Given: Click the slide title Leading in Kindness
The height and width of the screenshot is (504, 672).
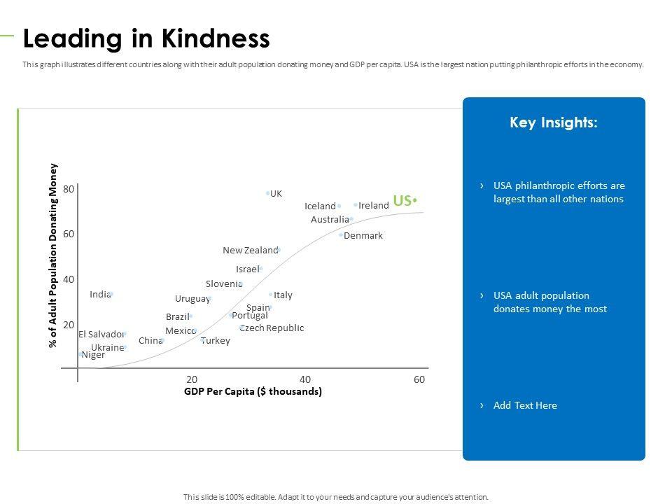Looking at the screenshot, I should tap(146, 38).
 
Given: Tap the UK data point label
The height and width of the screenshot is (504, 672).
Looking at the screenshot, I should tap(276, 193).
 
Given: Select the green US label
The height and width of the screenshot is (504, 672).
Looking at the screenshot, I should tap(402, 201).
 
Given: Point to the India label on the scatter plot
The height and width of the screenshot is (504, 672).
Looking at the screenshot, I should tap(100, 294).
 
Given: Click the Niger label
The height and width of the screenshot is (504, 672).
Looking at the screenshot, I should tap(93, 354).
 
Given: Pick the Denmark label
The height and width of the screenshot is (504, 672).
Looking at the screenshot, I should tap(363, 235).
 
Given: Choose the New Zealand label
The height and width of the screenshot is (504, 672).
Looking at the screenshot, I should tap(250, 250).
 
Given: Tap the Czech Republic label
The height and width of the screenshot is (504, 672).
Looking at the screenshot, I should tap(272, 328).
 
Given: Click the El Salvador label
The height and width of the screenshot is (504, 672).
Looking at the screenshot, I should tap(101, 334).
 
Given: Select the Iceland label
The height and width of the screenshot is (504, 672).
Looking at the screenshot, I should tap(320, 206).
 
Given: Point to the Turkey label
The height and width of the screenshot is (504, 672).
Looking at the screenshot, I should tap(216, 340).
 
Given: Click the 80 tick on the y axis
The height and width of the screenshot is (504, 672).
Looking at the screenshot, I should tap(69, 189).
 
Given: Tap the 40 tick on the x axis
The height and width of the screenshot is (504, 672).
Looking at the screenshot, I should tap(305, 379).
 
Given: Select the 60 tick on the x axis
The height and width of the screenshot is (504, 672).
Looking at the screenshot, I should tap(419, 379).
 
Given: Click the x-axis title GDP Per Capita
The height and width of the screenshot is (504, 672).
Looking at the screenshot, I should tap(253, 391).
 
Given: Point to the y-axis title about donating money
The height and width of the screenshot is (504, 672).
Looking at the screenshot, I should tap(52, 255).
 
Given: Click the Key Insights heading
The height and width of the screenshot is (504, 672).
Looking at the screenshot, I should tap(554, 122).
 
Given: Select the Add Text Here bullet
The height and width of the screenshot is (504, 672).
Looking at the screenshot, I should tap(525, 405).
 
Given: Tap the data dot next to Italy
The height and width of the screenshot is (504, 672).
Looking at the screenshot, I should tap(271, 295).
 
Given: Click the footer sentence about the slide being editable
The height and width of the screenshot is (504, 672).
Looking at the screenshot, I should tap(335, 496).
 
